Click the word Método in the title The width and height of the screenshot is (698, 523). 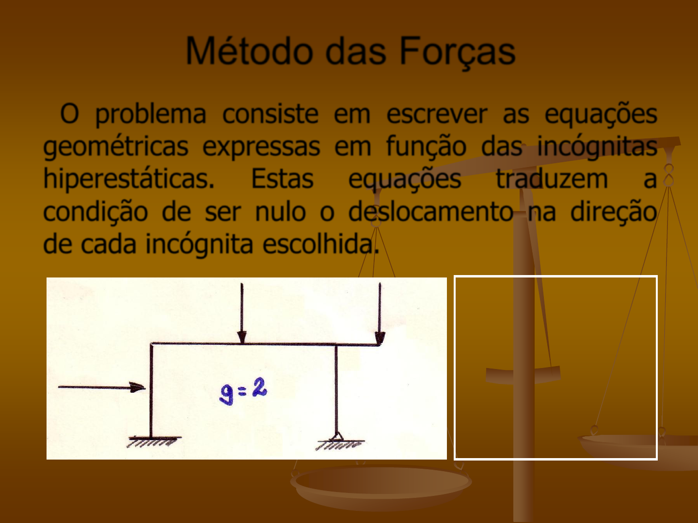click(x=249, y=51)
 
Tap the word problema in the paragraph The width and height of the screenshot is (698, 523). click(x=150, y=115)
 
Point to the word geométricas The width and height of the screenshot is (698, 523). click(x=116, y=147)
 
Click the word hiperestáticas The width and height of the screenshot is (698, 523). click(x=129, y=179)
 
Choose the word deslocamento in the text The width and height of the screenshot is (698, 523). click(x=431, y=212)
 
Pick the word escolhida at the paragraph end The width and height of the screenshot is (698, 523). click(x=321, y=244)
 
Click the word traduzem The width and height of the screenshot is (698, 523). click(x=552, y=179)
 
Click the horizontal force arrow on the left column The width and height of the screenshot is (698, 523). click(x=102, y=387)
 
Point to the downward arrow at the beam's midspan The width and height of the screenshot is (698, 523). click(x=242, y=313)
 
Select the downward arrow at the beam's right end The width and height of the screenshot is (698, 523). click(x=380, y=313)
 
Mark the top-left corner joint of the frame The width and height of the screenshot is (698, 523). click(x=152, y=344)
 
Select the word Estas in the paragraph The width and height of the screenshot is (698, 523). click(x=283, y=179)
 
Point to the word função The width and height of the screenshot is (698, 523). click(x=426, y=147)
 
